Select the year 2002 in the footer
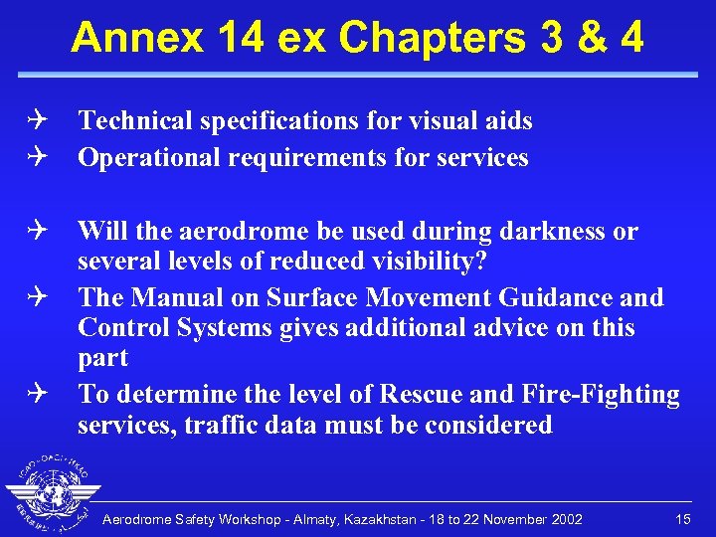tap(566, 519)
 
